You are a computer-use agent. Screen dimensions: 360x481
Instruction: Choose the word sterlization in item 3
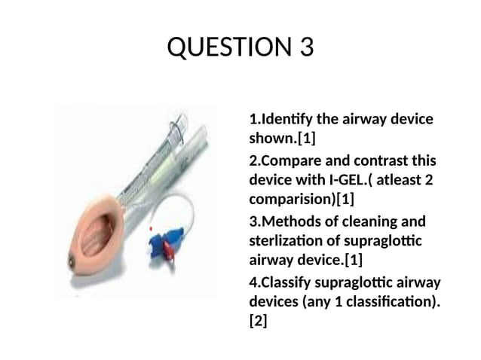286,241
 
